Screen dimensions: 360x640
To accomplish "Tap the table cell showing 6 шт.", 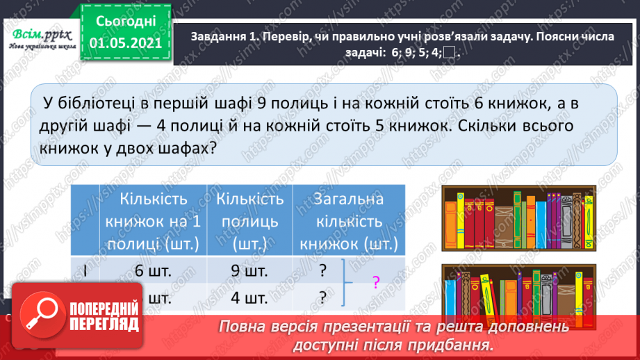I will click(154, 272).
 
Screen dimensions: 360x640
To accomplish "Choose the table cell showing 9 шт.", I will click(250, 272).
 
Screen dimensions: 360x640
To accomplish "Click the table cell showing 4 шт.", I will click(250, 297).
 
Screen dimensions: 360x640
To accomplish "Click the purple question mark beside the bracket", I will click(376, 282).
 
